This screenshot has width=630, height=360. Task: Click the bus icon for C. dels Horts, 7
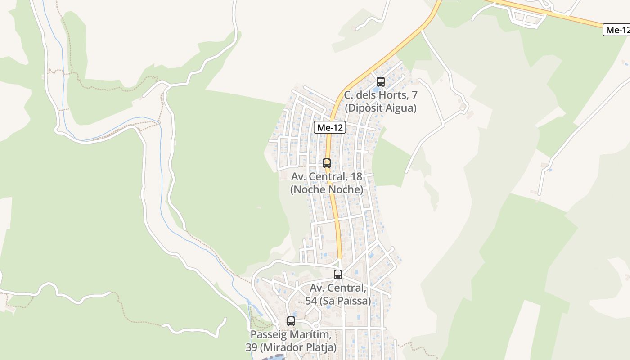coord(381,82)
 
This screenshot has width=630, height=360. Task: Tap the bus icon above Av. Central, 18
coord(327,163)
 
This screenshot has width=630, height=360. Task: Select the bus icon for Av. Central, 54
coord(338,274)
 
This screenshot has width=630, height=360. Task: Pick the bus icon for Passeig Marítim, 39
coord(291,321)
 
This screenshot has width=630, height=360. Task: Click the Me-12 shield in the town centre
coord(330,128)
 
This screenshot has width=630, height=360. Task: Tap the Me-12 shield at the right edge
coord(616,30)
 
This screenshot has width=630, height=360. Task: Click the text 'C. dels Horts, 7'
coord(381,95)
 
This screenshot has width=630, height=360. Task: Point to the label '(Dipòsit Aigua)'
coord(381,108)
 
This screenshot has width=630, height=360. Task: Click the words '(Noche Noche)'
coord(327,189)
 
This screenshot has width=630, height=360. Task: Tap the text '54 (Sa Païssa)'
coord(338,301)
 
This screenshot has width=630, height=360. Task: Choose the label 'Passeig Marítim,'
coord(291,335)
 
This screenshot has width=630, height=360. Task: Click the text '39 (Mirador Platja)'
coord(291,347)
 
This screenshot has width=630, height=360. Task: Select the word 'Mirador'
coord(285,347)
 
